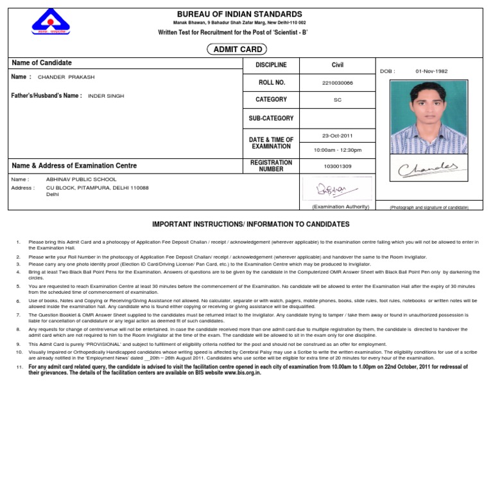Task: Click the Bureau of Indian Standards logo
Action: tap(51, 23)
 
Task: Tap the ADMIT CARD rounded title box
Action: tap(236, 50)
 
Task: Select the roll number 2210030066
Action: tap(337, 83)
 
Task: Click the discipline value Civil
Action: tap(337, 65)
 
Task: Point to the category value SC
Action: tap(337, 100)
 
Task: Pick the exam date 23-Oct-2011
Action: tap(337, 136)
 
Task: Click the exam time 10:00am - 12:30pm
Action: tap(337, 150)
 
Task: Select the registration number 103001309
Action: tap(337, 166)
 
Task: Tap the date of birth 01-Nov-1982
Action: tap(431, 71)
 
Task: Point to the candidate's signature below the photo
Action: tap(428, 170)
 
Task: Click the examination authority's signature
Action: tap(331, 189)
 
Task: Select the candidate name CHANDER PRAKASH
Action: tap(66, 77)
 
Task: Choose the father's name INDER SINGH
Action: tap(106, 96)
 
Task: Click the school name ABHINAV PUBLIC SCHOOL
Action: tap(82, 179)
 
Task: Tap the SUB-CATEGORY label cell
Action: tap(271, 118)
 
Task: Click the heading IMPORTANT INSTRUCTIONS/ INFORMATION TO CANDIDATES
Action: tap(250, 224)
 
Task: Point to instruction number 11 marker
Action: tap(19, 366)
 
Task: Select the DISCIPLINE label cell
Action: tap(271, 65)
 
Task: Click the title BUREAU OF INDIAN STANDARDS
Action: tap(239, 14)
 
